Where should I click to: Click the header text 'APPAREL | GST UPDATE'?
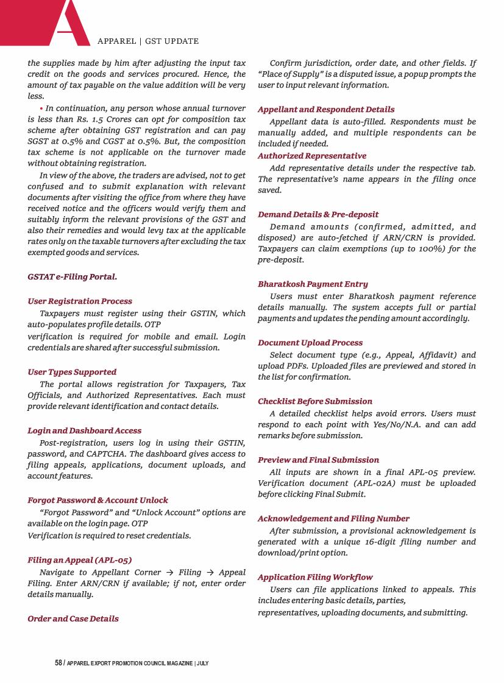coord(148,41)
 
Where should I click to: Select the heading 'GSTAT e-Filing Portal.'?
coord(73,277)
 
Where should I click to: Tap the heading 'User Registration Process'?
coord(80,301)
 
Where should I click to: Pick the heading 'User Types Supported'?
coord(72,372)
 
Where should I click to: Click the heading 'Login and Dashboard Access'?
coord(85,430)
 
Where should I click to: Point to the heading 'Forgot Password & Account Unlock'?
coord(98,500)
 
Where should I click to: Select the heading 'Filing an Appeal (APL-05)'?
coord(80,560)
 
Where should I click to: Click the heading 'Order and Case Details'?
coord(73,618)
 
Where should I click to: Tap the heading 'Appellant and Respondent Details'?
coord(326,110)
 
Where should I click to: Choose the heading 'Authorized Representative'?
coord(312,156)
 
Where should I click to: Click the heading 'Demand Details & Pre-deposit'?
coord(318,214)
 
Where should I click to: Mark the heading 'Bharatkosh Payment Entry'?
coord(313,284)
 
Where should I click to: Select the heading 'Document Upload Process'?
coord(310,343)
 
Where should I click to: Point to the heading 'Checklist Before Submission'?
coord(315,401)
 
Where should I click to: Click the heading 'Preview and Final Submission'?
coord(318,460)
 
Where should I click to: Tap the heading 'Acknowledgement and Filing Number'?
coord(333,519)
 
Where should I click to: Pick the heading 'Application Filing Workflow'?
coord(315,577)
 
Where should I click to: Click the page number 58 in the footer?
coord(59,663)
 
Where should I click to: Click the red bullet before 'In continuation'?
coord(41,108)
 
